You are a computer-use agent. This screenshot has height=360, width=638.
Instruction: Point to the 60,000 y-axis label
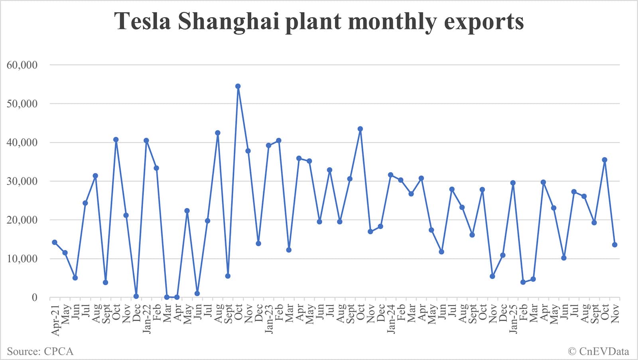pyautogui.click(x=22, y=65)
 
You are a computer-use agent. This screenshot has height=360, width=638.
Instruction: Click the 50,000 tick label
pyautogui.click(x=22, y=104)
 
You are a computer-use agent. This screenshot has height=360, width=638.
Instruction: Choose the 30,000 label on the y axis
pyautogui.click(x=22, y=181)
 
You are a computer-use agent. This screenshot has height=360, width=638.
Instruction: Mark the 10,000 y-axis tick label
pyautogui.click(x=22, y=259)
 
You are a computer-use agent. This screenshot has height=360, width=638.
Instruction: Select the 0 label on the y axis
pyautogui.click(x=34, y=297)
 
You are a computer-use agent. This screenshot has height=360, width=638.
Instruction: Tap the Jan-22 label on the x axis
pyautogui.click(x=147, y=319)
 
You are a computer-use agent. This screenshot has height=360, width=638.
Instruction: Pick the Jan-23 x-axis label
pyautogui.click(x=269, y=319)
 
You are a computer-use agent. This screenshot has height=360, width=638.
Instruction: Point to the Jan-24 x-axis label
pyautogui.click(x=391, y=319)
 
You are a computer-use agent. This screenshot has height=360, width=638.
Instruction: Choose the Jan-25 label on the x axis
pyautogui.click(x=513, y=319)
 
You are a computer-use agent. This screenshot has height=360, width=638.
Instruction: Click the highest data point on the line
pyautogui.click(x=238, y=86)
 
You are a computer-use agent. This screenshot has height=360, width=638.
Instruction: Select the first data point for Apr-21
pyautogui.click(x=55, y=242)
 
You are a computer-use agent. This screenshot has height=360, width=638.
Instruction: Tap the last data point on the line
pyautogui.click(x=614, y=245)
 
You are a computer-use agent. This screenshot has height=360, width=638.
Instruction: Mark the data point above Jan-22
pyautogui.click(x=146, y=140)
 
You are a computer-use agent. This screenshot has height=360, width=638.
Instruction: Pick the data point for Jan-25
pyautogui.click(x=513, y=183)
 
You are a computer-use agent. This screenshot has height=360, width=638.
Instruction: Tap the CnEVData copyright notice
pyautogui.click(x=599, y=351)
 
